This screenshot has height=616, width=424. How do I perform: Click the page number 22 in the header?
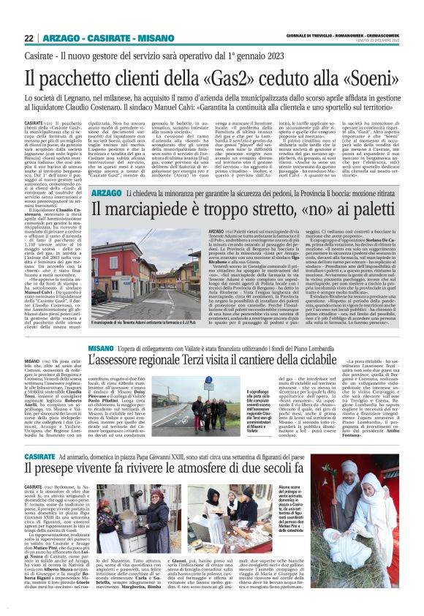point(29,38)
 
